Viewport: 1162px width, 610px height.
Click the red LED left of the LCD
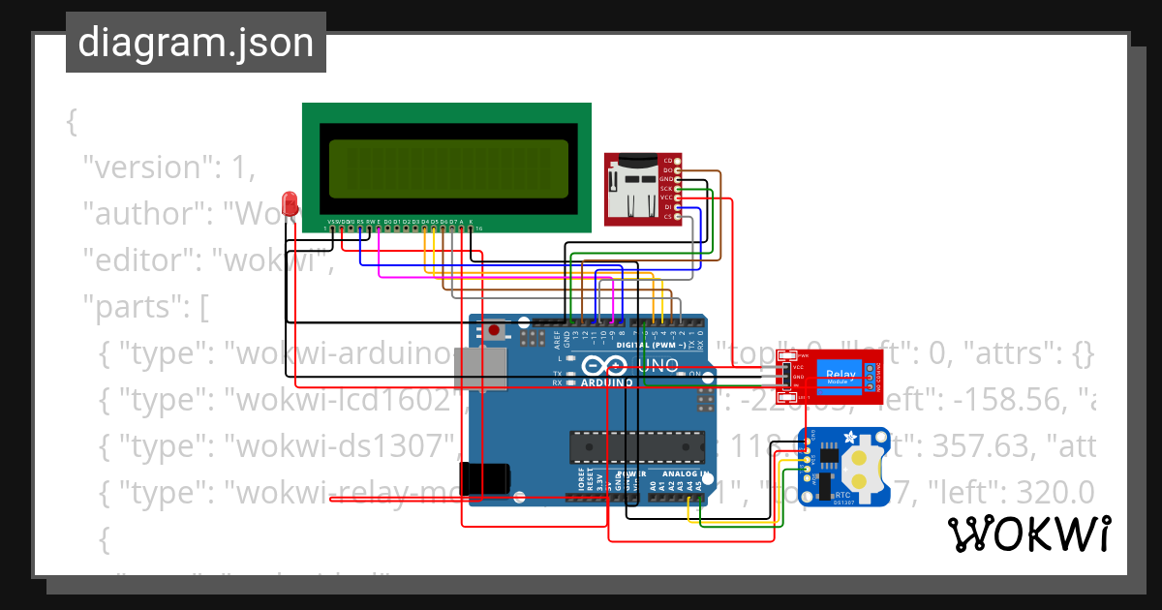289,202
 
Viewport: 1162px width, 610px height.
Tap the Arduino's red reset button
495,331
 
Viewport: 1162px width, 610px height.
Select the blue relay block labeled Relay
840,373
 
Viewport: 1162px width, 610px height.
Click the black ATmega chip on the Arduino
634,443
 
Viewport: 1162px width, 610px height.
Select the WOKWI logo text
1027,534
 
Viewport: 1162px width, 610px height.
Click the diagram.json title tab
196,43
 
